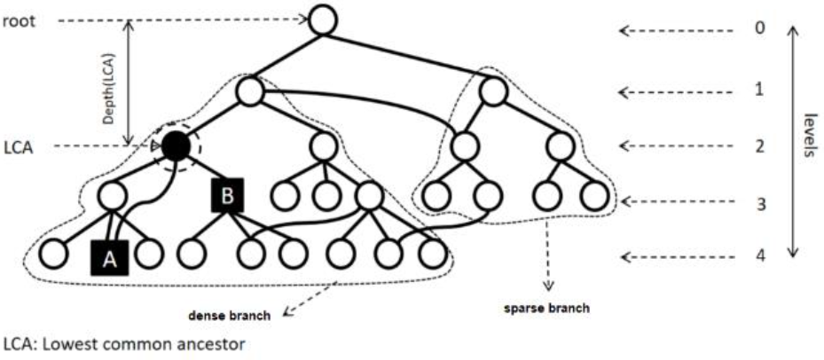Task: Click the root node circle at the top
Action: tap(323, 20)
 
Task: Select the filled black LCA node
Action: tap(177, 146)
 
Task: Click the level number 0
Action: tap(759, 27)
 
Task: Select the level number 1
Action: tap(759, 90)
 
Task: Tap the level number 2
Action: tap(759, 145)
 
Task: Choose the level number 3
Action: tap(759, 204)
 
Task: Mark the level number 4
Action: tap(759, 257)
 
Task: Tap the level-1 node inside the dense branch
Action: tap(251, 90)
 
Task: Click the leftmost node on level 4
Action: tap(52, 254)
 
